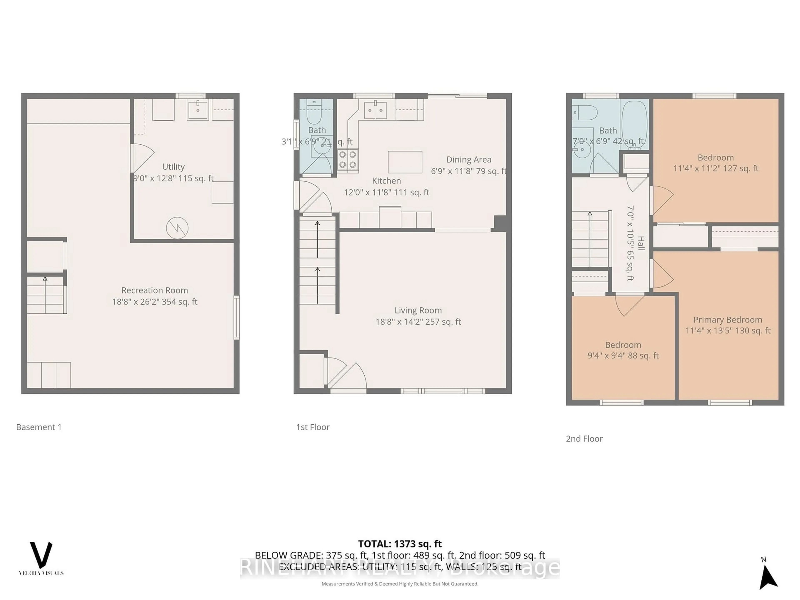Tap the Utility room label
173,167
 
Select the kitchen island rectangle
405,162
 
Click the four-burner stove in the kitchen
347,160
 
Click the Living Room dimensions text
418,321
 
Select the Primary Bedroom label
728,320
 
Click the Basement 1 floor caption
39,427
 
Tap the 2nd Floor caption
584,439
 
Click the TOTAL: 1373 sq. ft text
400,544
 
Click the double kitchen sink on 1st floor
375,110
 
